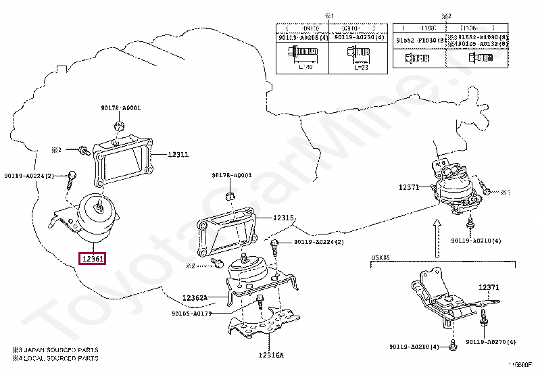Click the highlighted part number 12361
[x=93, y=259]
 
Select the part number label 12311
[x=178, y=155]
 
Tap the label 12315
[x=284, y=218]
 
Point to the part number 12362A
[x=195, y=298]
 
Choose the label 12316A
[x=270, y=355]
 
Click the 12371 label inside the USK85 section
[x=490, y=287]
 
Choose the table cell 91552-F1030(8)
[x=418, y=40]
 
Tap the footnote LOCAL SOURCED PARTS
[x=58, y=358]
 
